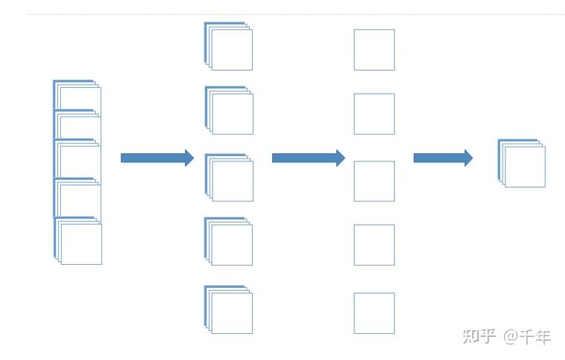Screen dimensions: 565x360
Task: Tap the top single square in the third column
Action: [x=374, y=50]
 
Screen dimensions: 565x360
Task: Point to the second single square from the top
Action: [x=374, y=114]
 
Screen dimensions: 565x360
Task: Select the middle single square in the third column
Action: [x=374, y=181]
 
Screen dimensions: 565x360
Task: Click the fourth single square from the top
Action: [x=374, y=245]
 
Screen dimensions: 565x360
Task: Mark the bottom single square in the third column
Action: [x=374, y=313]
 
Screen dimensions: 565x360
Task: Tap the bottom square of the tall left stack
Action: [x=80, y=243]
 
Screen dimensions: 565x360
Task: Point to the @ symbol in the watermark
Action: [x=510, y=337]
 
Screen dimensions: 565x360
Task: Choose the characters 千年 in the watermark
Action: [x=535, y=336]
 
